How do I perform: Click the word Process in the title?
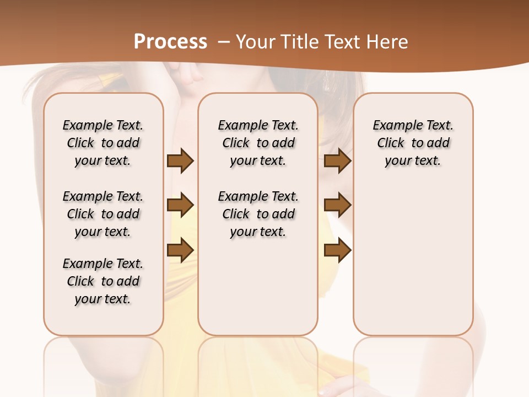pos(170,41)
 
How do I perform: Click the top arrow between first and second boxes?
pos(180,161)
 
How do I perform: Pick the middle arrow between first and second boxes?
pos(180,206)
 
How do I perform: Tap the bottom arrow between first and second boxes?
pos(180,250)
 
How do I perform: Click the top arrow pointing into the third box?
pos(337,161)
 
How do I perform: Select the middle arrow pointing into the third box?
pos(337,206)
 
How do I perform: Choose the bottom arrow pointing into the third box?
pos(337,250)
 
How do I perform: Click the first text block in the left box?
pos(103,143)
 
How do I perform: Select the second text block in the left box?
pos(103,214)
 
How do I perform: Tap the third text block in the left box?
pos(103,281)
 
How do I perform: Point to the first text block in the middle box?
pos(258,143)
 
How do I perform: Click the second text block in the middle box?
pos(258,214)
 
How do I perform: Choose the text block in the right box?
pos(413,143)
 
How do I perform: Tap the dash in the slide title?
pos(224,42)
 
